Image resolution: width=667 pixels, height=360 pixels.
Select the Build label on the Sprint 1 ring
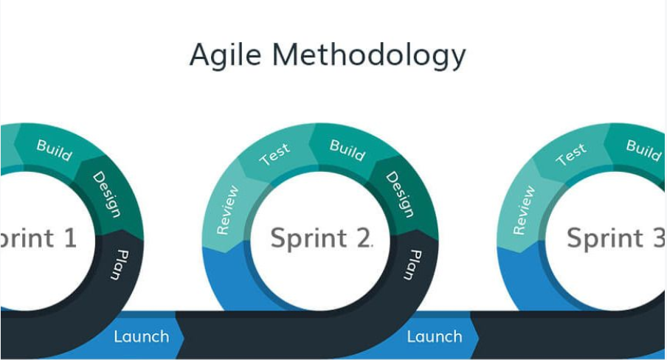(54, 150)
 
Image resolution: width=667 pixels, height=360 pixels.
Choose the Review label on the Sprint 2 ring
(228, 210)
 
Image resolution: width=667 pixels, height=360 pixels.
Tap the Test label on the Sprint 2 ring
(274, 154)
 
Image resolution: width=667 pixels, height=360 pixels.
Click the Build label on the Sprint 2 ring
(348, 150)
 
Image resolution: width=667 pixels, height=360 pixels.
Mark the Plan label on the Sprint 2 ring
(410, 264)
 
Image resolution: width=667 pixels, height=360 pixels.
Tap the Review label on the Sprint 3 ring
(523, 210)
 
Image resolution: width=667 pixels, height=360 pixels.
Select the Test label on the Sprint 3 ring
(570, 154)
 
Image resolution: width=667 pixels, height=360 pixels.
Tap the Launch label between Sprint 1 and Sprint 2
(141, 336)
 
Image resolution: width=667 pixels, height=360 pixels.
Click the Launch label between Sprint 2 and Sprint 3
(435, 336)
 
